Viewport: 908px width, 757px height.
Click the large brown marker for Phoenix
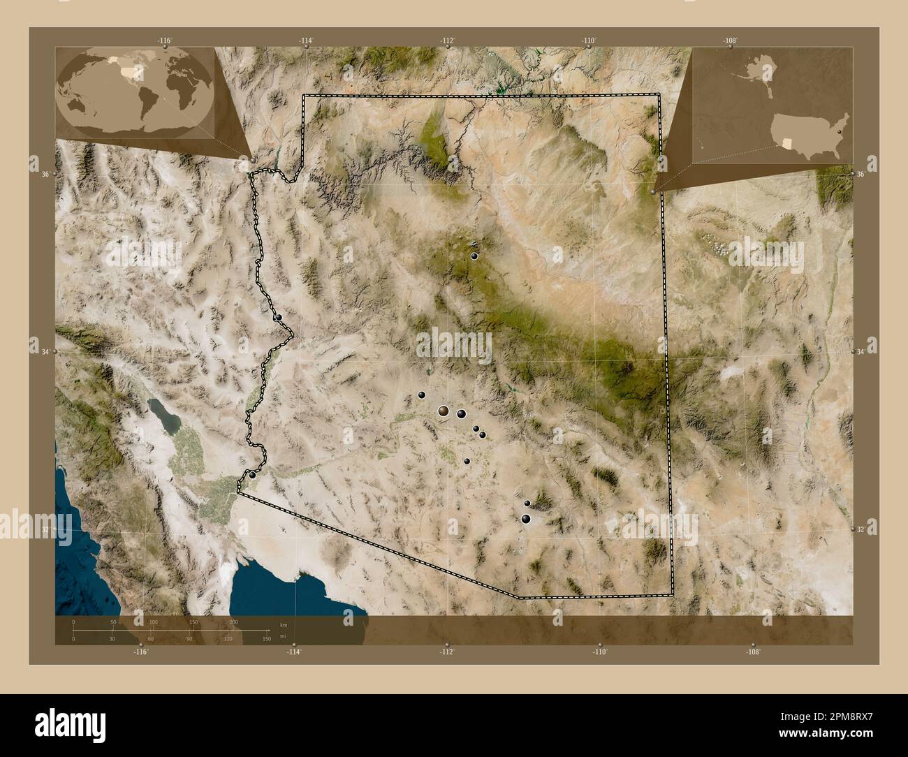tap(444, 412)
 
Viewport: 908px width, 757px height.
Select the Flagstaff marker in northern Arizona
tap(474, 256)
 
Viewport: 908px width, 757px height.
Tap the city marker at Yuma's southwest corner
tap(252, 475)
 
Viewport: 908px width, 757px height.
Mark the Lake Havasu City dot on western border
tap(279, 317)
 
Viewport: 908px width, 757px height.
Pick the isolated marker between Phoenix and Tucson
tap(467, 462)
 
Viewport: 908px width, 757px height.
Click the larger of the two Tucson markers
tap(525, 518)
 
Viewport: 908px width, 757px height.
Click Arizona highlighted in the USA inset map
tap(788, 142)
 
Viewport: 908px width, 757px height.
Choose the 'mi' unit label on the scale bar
tap(283, 637)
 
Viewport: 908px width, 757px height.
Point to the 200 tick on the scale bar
tap(234, 622)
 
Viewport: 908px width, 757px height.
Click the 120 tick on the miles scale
tap(228, 638)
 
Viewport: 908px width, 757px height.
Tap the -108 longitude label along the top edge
tap(730, 41)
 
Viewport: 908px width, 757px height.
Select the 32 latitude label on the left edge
tap(45, 530)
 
